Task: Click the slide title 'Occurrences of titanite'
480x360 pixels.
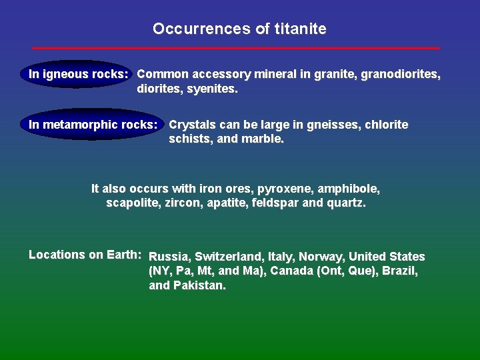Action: tap(239, 29)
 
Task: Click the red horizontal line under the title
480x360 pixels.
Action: tap(236, 48)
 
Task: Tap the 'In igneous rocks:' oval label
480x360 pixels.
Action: tap(78, 74)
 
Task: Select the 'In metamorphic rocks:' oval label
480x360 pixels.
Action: tap(93, 125)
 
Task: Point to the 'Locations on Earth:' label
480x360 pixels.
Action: tap(85, 255)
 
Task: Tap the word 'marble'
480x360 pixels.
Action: tap(265, 139)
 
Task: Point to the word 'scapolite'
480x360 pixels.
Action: tap(131, 203)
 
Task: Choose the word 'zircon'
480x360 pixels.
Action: tap(180, 203)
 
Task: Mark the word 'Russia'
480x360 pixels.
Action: tap(169, 257)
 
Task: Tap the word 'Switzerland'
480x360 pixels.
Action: tap(227, 257)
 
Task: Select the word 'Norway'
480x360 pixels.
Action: tap(321, 257)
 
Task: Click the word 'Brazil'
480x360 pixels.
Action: tap(400, 271)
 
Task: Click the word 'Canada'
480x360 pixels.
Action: tap(292, 271)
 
